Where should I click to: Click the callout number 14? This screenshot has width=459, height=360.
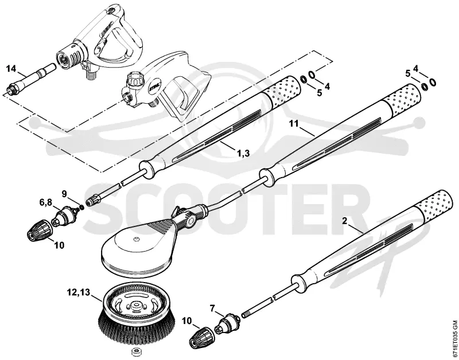pos(11,69)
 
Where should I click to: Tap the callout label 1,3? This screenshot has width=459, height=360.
pos(243,152)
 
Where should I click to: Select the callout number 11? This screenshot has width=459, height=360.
pos(293,124)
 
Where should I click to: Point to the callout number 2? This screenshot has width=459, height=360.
pos(345,221)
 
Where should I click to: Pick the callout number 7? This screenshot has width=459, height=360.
pos(213,308)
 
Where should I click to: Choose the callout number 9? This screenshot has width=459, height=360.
pos(64,194)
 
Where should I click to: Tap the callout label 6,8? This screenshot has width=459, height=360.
pos(46,202)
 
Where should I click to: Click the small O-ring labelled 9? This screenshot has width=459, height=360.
pos(81,207)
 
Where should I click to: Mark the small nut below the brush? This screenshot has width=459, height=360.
pos(135,351)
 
